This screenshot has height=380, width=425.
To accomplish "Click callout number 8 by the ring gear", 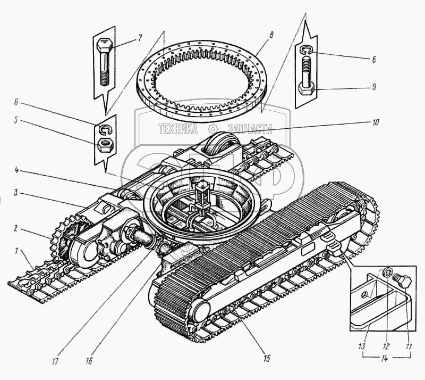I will [x=271, y=35].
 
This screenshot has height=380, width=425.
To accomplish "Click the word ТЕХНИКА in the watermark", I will [x=177, y=129].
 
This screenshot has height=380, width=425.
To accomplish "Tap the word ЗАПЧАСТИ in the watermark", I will [x=249, y=129].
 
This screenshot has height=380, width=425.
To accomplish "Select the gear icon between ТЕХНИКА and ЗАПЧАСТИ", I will [x=212, y=129].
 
